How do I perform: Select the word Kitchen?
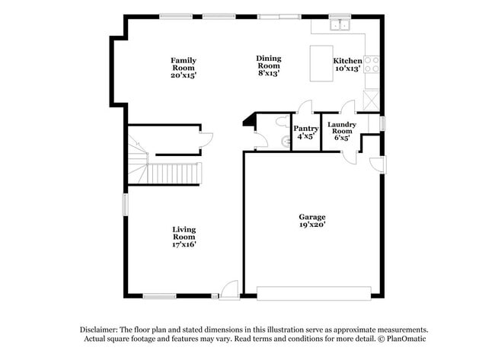point(347,60)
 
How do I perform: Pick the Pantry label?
point(305,129)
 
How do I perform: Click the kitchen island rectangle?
point(320,62)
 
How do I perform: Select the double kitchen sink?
point(339,26)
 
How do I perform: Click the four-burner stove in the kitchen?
point(372,64)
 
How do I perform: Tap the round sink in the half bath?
point(284,142)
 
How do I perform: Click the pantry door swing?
point(305,107)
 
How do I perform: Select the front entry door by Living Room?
point(229,289)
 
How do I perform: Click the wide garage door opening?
point(314,293)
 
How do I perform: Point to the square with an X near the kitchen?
point(371,98)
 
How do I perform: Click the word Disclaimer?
point(100,329)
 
